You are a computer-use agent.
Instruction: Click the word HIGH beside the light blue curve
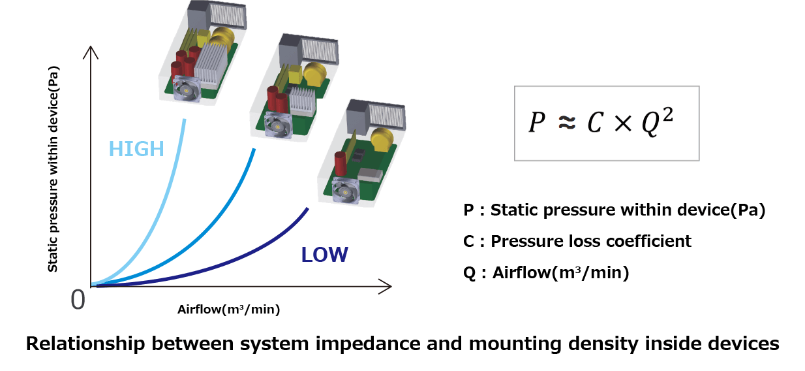pyautogui.click(x=136, y=149)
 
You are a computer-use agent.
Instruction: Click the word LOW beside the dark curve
pyautogui.click(x=324, y=254)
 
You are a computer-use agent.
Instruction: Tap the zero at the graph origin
pyautogui.click(x=78, y=299)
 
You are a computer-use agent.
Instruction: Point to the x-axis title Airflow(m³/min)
pyautogui.click(x=228, y=310)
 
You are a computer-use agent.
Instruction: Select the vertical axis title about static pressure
pyautogui.click(x=53, y=168)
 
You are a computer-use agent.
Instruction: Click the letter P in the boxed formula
pyautogui.click(x=536, y=123)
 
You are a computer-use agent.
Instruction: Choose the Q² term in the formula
pyautogui.click(x=655, y=122)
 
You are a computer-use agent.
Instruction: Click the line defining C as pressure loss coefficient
pyautogui.click(x=577, y=241)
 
